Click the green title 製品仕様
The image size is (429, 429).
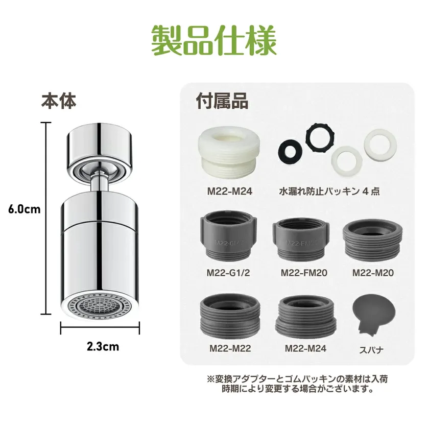tap(213, 40)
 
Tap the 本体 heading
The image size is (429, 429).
tap(59, 101)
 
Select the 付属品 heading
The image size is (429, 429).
tap(222, 101)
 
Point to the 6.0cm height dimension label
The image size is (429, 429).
tap(24, 209)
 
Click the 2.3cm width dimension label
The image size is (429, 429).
tap(103, 347)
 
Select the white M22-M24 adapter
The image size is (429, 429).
tap(229, 153)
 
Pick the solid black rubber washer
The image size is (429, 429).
tap(290, 151)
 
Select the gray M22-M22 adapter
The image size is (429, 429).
tap(230, 317)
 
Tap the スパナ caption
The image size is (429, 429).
tap(371, 350)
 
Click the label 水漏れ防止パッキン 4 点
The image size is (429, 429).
tap(329, 191)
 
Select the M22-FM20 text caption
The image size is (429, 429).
tap(304, 273)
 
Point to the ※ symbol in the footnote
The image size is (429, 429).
tap(211, 379)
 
